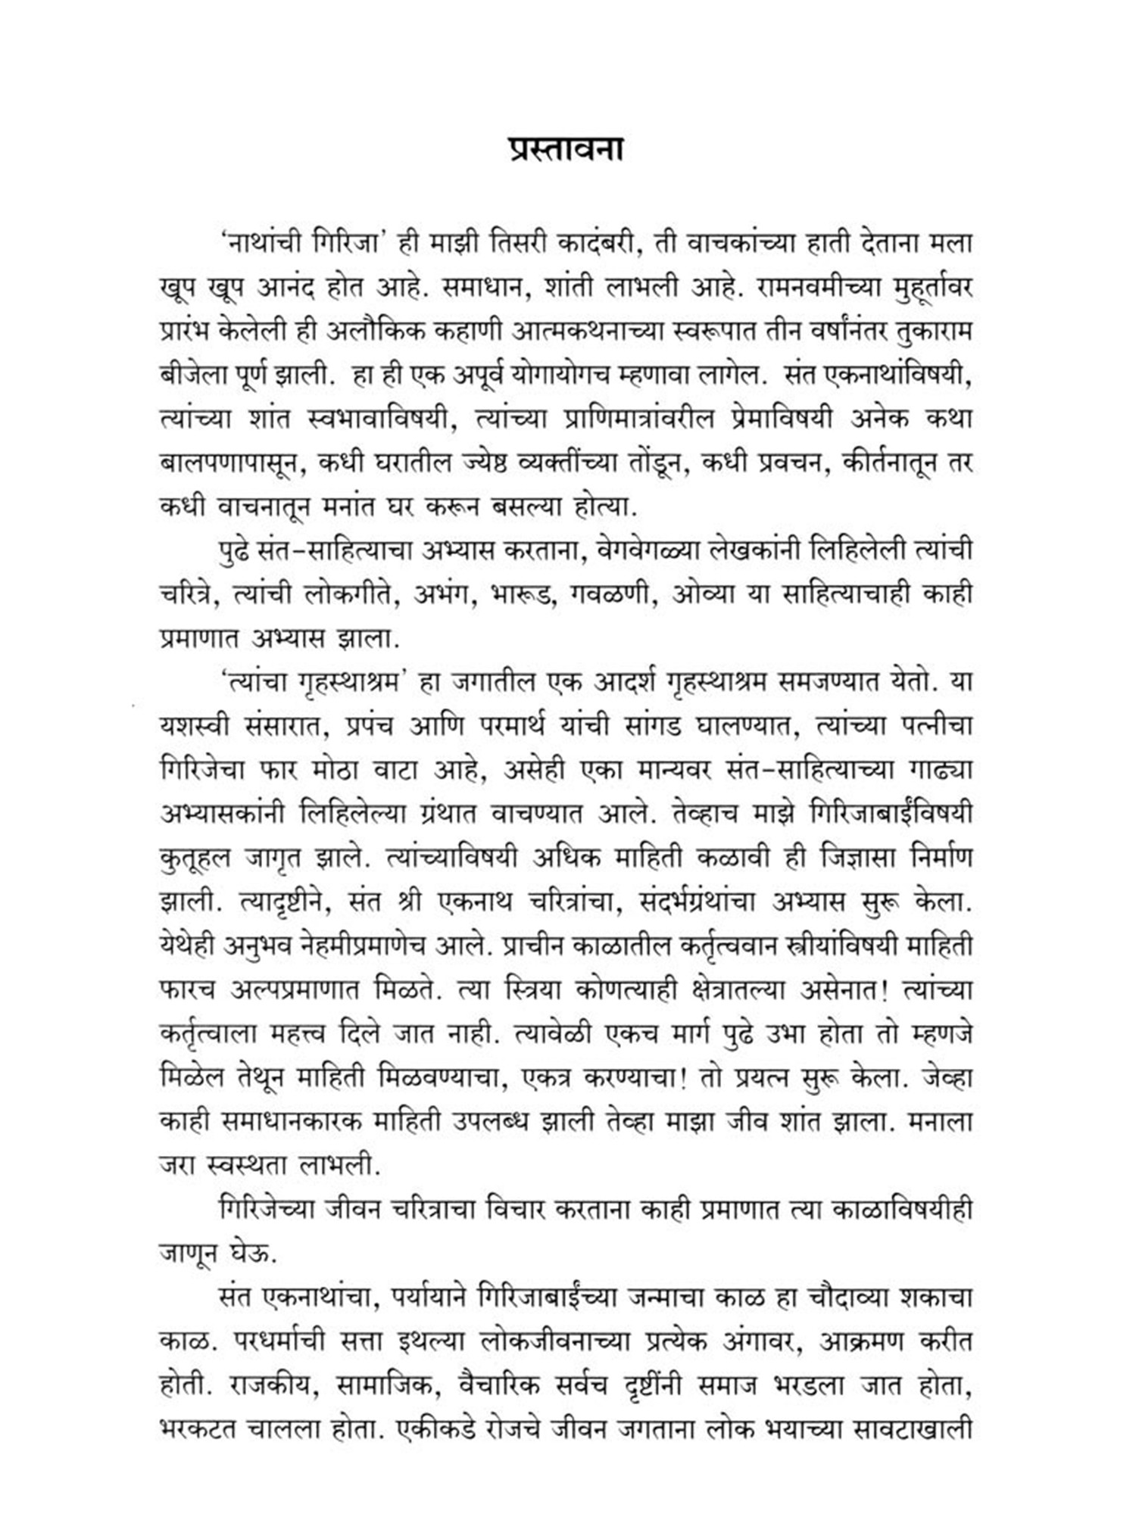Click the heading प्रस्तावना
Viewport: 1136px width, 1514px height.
tap(566, 149)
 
